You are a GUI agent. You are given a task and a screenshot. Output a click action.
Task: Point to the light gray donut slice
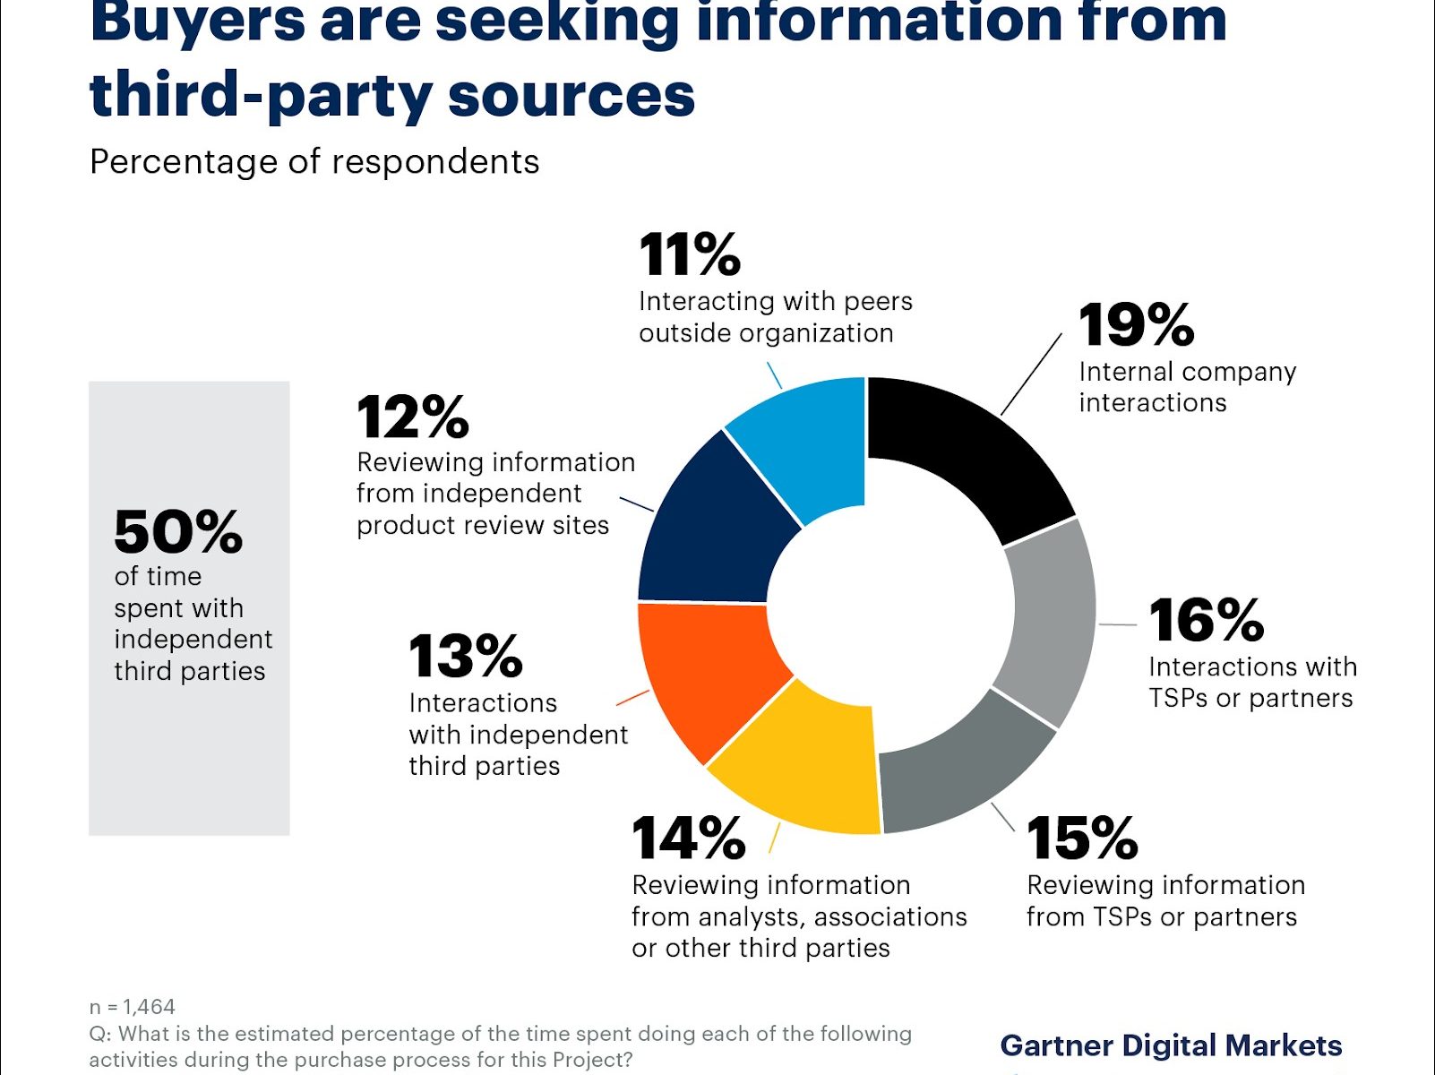coord(1048,618)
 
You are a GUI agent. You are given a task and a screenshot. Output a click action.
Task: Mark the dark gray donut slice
coord(958,770)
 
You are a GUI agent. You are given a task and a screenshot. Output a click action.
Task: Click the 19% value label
coord(1136,324)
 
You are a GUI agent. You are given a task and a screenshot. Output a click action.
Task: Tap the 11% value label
coord(690,254)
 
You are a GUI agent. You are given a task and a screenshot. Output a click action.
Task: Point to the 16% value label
coord(1206,620)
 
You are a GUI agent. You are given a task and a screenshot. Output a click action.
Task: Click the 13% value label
coord(465,656)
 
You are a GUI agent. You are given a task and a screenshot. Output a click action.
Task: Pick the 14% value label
coord(688,838)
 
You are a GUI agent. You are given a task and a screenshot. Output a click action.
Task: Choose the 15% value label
coord(1082,838)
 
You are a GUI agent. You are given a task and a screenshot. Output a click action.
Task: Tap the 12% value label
coord(412,417)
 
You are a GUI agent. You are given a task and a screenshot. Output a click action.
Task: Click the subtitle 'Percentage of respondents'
coord(314,162)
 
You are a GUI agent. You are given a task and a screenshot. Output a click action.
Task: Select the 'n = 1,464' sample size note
coord(133,1007)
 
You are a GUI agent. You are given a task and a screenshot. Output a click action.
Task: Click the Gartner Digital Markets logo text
coord(1171,1045)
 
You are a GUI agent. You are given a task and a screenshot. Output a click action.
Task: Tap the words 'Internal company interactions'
coord(1187,387)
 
